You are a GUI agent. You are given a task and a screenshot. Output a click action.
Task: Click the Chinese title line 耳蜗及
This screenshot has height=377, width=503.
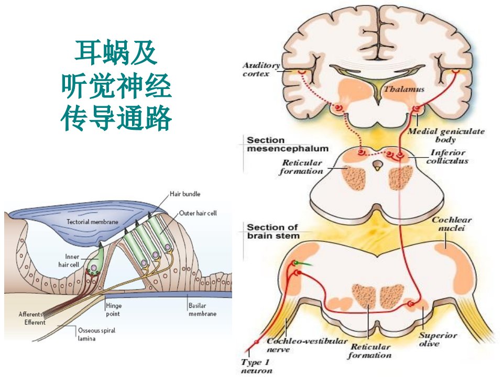[x=116, y=53]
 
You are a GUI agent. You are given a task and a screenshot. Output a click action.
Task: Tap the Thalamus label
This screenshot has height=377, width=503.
[x=404, y=89]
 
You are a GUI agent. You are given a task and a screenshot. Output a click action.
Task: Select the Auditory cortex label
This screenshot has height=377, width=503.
[x=261, y=70]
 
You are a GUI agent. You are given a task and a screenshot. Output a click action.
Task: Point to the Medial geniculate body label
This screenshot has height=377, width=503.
[x=446, y=135]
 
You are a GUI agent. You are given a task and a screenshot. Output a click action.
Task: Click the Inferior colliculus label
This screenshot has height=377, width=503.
[x=447, y=157]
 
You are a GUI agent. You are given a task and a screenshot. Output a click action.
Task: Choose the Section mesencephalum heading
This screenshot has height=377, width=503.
[x=288, y=145]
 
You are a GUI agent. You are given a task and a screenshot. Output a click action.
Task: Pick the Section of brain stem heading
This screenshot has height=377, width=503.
[x=273, y=231]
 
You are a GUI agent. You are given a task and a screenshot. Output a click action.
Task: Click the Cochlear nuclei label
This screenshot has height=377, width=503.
[x=451, y=224]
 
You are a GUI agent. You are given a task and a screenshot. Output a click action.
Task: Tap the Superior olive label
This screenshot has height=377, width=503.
[x=438, y=339]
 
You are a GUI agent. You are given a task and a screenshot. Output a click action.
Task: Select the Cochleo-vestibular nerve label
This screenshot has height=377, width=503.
[x=307, y=345]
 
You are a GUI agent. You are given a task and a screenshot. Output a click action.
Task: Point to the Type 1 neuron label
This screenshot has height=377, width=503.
[x=256, y=367]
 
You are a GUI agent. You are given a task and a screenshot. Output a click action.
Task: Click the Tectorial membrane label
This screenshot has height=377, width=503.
[x=92, y=221]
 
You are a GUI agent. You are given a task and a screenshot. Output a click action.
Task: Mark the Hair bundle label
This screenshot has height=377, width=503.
[x=185, y=194]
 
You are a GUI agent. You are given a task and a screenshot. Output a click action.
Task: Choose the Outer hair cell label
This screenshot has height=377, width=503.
[x=198, y=213]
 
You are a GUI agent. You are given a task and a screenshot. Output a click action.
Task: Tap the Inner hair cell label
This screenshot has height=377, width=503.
[x=69, y=261]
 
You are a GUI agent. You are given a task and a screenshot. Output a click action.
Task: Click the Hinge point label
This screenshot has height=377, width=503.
[x=114, y=309]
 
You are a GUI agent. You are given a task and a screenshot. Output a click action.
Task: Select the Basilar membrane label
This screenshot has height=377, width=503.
[x=202, y=309]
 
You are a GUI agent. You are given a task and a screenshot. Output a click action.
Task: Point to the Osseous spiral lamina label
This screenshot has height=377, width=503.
[x=96, y=335]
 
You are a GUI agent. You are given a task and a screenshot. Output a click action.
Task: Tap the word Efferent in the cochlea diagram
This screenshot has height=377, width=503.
[x=35, y=322]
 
